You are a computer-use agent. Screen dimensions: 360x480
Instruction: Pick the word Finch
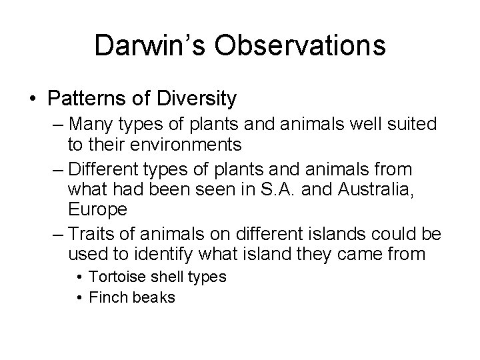[107, 298]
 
